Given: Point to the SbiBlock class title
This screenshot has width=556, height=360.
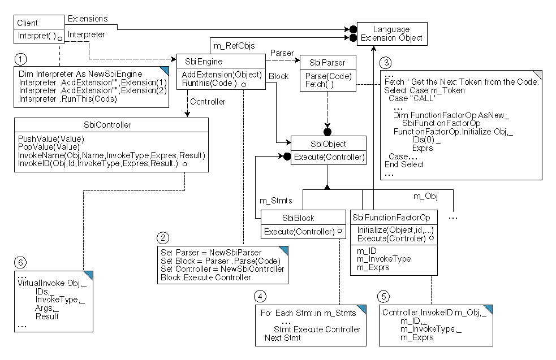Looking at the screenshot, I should [298, 218].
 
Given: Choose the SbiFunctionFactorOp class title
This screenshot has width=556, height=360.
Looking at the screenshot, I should [391, 218].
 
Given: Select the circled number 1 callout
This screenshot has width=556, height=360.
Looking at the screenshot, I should [20, 59].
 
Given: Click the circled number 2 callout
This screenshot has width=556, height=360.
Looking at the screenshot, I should [163, 238].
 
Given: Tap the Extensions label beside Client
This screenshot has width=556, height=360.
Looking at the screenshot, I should [87, 19].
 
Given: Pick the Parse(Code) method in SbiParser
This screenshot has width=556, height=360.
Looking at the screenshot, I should [329, 76].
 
